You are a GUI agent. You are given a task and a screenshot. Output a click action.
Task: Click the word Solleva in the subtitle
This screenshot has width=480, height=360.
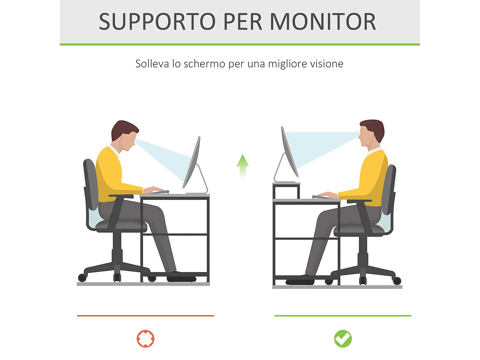click(152, 64)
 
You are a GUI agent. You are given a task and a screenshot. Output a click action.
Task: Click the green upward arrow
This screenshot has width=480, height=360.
click(243, 165)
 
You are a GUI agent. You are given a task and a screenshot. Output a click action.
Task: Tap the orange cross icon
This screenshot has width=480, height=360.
click(146, 339)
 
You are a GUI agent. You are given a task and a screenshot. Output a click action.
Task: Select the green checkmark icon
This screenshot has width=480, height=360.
click(343, 339)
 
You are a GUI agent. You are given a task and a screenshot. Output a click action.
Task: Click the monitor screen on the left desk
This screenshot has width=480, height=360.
click(192, 162)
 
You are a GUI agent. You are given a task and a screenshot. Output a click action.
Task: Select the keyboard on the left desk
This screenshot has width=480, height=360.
click(159, 192)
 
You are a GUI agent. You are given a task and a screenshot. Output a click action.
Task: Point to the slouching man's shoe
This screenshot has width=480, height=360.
click(181, 277)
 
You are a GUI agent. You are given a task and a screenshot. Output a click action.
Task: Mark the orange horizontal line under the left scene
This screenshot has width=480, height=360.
click(145, 316)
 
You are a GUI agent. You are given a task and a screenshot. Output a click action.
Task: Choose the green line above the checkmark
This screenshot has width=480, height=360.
click(342, 316)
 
